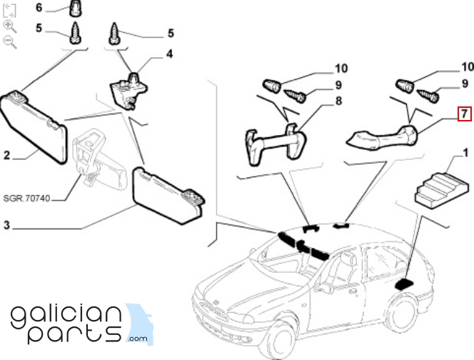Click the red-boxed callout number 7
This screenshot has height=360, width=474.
point(464,114)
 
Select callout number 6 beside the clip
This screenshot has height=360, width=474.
point(39,7)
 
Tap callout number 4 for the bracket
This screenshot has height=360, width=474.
point(170,54)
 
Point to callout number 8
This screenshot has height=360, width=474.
point(338,101)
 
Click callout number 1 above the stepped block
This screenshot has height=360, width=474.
point(465,153)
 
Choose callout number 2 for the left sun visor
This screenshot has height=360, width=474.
point(6,155)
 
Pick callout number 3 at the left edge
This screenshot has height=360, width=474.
point(6,225)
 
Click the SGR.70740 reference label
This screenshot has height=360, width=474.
point(26,199)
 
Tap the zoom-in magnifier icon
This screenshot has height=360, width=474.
point(10,26)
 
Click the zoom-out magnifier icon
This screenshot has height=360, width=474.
point(10,41)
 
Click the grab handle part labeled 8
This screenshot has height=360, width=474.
point(275,144)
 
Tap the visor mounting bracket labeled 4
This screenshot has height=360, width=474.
point(128,90)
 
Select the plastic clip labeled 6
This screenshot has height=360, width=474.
point(75,8)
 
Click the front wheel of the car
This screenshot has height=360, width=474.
point(281,338)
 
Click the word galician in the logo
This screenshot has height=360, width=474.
point(66,317)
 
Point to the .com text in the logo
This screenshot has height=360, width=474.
point(138,339)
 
